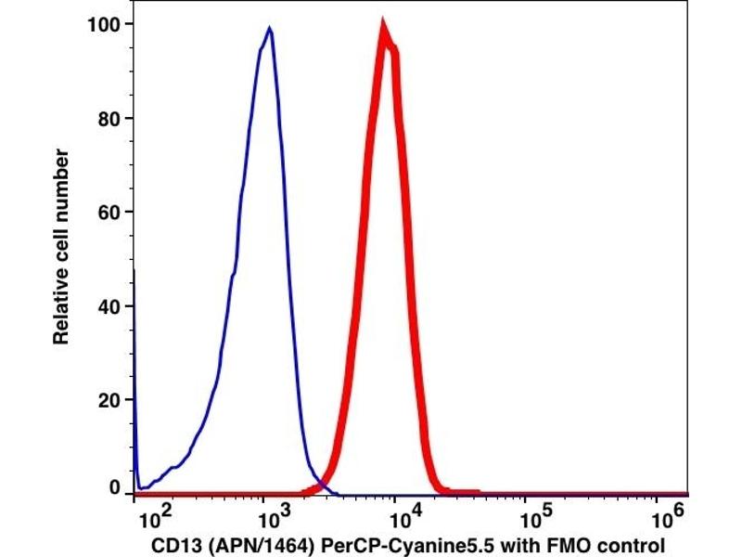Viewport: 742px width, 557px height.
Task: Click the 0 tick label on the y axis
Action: click(117, 488)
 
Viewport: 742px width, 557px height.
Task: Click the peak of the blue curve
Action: click(269, 28)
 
